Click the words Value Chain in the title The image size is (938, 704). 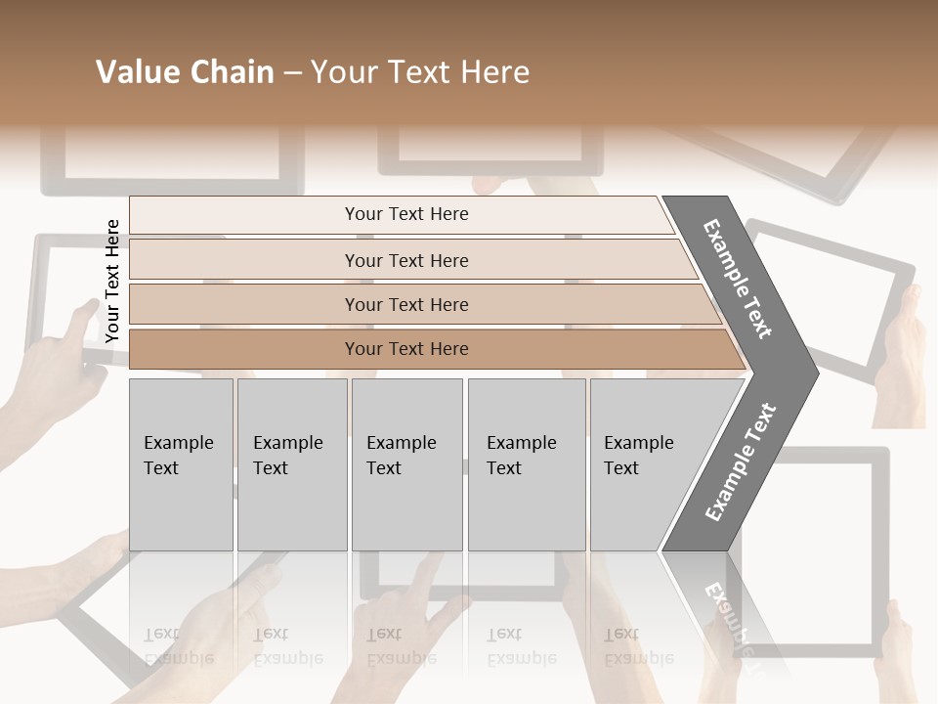[185, 72]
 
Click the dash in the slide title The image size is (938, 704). [292, 73]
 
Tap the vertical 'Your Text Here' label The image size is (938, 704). [112, 281]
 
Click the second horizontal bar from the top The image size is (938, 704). [405, 260]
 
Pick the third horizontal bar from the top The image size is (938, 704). [405, 304]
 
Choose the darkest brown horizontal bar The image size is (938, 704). [405, 349]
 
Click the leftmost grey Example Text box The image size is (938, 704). [181, 464]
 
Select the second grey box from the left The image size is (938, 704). [291, 464]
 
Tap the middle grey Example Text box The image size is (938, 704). [406, 464]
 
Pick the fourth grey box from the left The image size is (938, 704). [526, 464]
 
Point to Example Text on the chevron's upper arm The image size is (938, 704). [738, 279]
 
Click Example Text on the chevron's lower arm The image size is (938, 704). [740, 462]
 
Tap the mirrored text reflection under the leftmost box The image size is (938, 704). [179, 646]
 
